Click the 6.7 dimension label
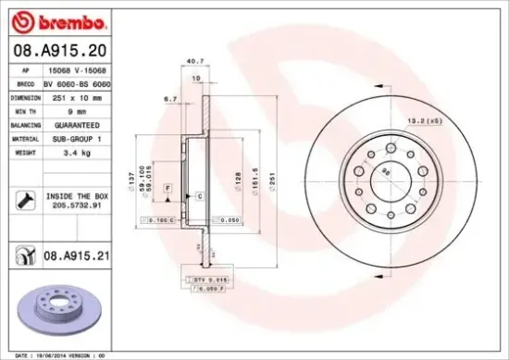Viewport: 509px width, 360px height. click(x=170, y=97)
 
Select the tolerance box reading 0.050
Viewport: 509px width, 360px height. click(x=227, y=221)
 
